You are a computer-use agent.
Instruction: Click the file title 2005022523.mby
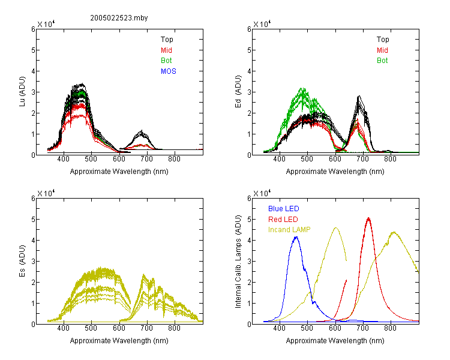[x=119, y=18]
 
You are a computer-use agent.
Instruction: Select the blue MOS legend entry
[x=169, y=71]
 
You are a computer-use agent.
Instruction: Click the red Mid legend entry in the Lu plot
[x=166, y=50]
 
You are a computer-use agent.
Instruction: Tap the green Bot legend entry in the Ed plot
[x=382, y=61]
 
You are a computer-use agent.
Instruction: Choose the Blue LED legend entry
[x=284, y=209]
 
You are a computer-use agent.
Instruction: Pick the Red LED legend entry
[x=283, y=220]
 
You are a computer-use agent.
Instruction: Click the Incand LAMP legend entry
[x=289, y=230]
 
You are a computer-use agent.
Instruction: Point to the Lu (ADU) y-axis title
[x=22, y=92]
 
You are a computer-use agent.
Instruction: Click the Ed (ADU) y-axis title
[x=238, y=92]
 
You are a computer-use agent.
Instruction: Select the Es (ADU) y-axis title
[x=22, y=261]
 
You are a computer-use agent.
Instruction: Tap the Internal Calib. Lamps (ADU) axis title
[x=238, y=262]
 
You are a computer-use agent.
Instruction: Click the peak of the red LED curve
[x=368, y=218]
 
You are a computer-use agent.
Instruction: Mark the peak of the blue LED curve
[x=296, y=237]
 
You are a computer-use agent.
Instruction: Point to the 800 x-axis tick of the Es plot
[x=174, y=328]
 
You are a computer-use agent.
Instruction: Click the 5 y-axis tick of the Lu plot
[x=33, y=50]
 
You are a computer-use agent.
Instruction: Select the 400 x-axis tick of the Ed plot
[x=279, y=159]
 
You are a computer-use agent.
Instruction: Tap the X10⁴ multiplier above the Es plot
[x=46, y=193]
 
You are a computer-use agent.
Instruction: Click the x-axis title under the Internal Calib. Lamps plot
[x=335, y=341]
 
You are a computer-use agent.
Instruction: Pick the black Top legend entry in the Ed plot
[x=383, y=40]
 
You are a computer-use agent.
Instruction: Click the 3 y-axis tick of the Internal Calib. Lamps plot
[x=249, y=261]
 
